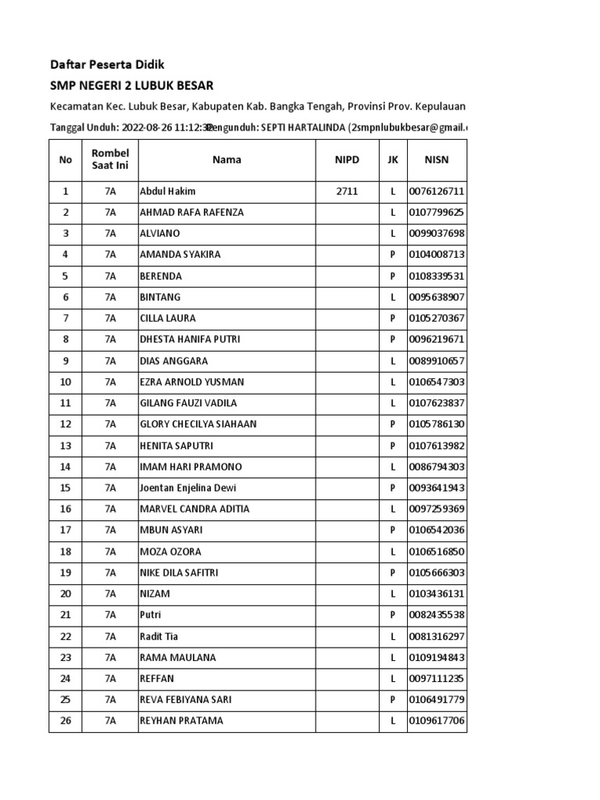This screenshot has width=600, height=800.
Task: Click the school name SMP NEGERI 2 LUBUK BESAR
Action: [131, 85]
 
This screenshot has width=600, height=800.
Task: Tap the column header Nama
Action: [227, 159]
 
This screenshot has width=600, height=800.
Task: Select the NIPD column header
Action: [347, 159]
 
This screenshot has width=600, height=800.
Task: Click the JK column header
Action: [392, 159]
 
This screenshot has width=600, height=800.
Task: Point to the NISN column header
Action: [436, 159]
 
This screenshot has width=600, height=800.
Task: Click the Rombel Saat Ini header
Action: [110, 159]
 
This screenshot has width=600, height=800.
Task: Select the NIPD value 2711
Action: [347, 191]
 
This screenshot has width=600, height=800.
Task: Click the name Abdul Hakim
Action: [167, 191]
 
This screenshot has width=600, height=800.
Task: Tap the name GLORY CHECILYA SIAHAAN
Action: [198, 424]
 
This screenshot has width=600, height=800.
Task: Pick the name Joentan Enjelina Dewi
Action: [188, 488]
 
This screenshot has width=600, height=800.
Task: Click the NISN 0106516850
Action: [437, 552]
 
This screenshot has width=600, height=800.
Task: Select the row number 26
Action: [66, 721]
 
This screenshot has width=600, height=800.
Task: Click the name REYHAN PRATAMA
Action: [181, 721]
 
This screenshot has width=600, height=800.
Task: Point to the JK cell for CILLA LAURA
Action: [392, 318]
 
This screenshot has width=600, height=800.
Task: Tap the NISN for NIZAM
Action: [437, 594]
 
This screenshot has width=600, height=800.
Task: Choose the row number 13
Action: [66, 445]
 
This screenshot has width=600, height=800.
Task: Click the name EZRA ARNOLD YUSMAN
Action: [191, 382]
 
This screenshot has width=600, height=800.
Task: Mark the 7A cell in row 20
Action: [110, 594]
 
